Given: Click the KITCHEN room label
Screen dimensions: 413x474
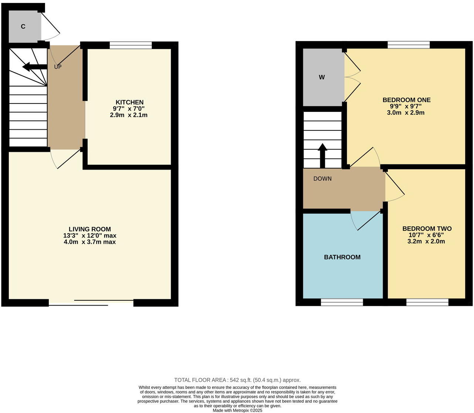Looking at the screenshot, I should tap(129, 102).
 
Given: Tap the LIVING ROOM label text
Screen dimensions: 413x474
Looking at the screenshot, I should tap(90, 229).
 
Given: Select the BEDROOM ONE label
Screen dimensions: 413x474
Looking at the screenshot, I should tap(406, 100).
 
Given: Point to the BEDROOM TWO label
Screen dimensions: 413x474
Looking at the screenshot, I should tap(427, 229).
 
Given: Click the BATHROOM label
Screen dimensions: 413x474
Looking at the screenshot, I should tap(342, 257).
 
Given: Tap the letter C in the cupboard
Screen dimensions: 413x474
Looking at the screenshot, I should tap(23, 27).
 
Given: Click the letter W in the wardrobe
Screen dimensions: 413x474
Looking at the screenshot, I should tap(322, 77).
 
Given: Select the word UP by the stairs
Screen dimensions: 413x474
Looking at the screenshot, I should tap(58, 67).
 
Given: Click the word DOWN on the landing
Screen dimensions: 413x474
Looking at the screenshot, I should tap(322, 179).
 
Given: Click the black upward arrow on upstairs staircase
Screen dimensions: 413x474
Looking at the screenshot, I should tap(323, 155).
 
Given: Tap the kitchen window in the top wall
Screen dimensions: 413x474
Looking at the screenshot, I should tap(131, 45).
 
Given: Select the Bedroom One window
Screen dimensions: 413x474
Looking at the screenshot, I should tap(409, 45).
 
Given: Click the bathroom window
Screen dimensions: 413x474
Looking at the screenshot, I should tap(342, 303).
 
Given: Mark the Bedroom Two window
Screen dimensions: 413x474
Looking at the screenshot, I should tap(427, 303).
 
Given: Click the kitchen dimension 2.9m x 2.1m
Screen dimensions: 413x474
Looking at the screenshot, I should tap(129, 115).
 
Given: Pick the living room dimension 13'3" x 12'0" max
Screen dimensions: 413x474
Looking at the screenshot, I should tap(90, 236).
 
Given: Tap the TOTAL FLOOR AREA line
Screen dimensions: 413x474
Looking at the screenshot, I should tap(237, 380).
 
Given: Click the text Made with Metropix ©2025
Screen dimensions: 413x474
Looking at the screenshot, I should tap(237, 410).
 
